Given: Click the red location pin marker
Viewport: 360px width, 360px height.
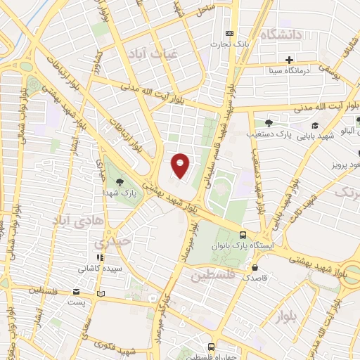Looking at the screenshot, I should point(181,164).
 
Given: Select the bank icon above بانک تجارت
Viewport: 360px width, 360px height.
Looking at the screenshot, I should point(229,33).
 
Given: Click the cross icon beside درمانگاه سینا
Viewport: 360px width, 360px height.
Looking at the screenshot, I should point(289,60).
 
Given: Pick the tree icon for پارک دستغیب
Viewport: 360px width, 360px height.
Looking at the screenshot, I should point(269,122).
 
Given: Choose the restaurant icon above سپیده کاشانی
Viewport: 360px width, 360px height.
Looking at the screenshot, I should point(100,258).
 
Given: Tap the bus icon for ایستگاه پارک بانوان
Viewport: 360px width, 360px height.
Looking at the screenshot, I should point(242,236).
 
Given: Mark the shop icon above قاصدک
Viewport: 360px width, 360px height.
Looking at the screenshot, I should point(254,267).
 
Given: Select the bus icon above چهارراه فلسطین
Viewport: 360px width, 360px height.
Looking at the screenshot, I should point(211,347).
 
